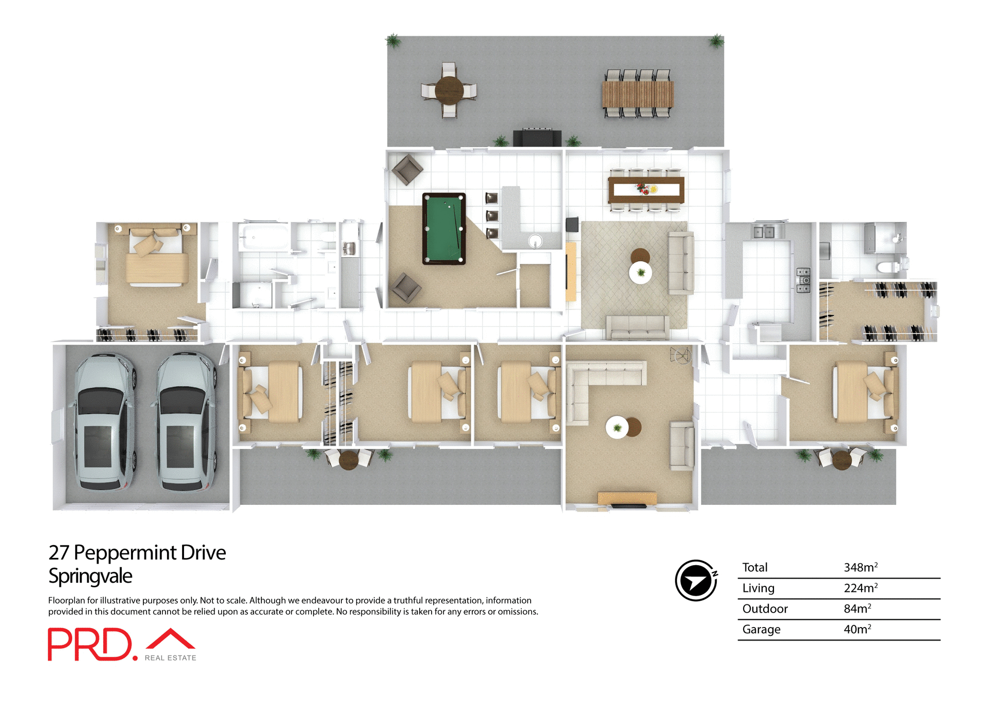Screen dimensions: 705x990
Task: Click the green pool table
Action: tap(444, 229)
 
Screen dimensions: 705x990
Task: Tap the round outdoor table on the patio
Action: tap(449, 90)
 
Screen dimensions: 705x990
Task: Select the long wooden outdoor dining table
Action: tap(638, 94)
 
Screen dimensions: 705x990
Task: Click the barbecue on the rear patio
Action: tap(537, 138)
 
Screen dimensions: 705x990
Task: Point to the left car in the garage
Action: tap(105, 421)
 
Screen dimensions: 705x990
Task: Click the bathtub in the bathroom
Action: tap(263, 237)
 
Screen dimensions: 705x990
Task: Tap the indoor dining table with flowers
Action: tap(646, 189)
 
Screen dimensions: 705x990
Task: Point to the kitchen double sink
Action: tap(764, 232)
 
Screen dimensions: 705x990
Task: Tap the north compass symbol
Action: tap(696, 581)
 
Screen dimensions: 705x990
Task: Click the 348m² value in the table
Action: tap(860, 567)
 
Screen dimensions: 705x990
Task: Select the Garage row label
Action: tap(761, 629)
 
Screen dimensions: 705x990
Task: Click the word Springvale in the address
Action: tap(90, 576)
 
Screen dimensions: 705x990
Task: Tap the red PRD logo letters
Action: tap(90, 644)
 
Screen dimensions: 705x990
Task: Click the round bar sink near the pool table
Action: tap(535, 241)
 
